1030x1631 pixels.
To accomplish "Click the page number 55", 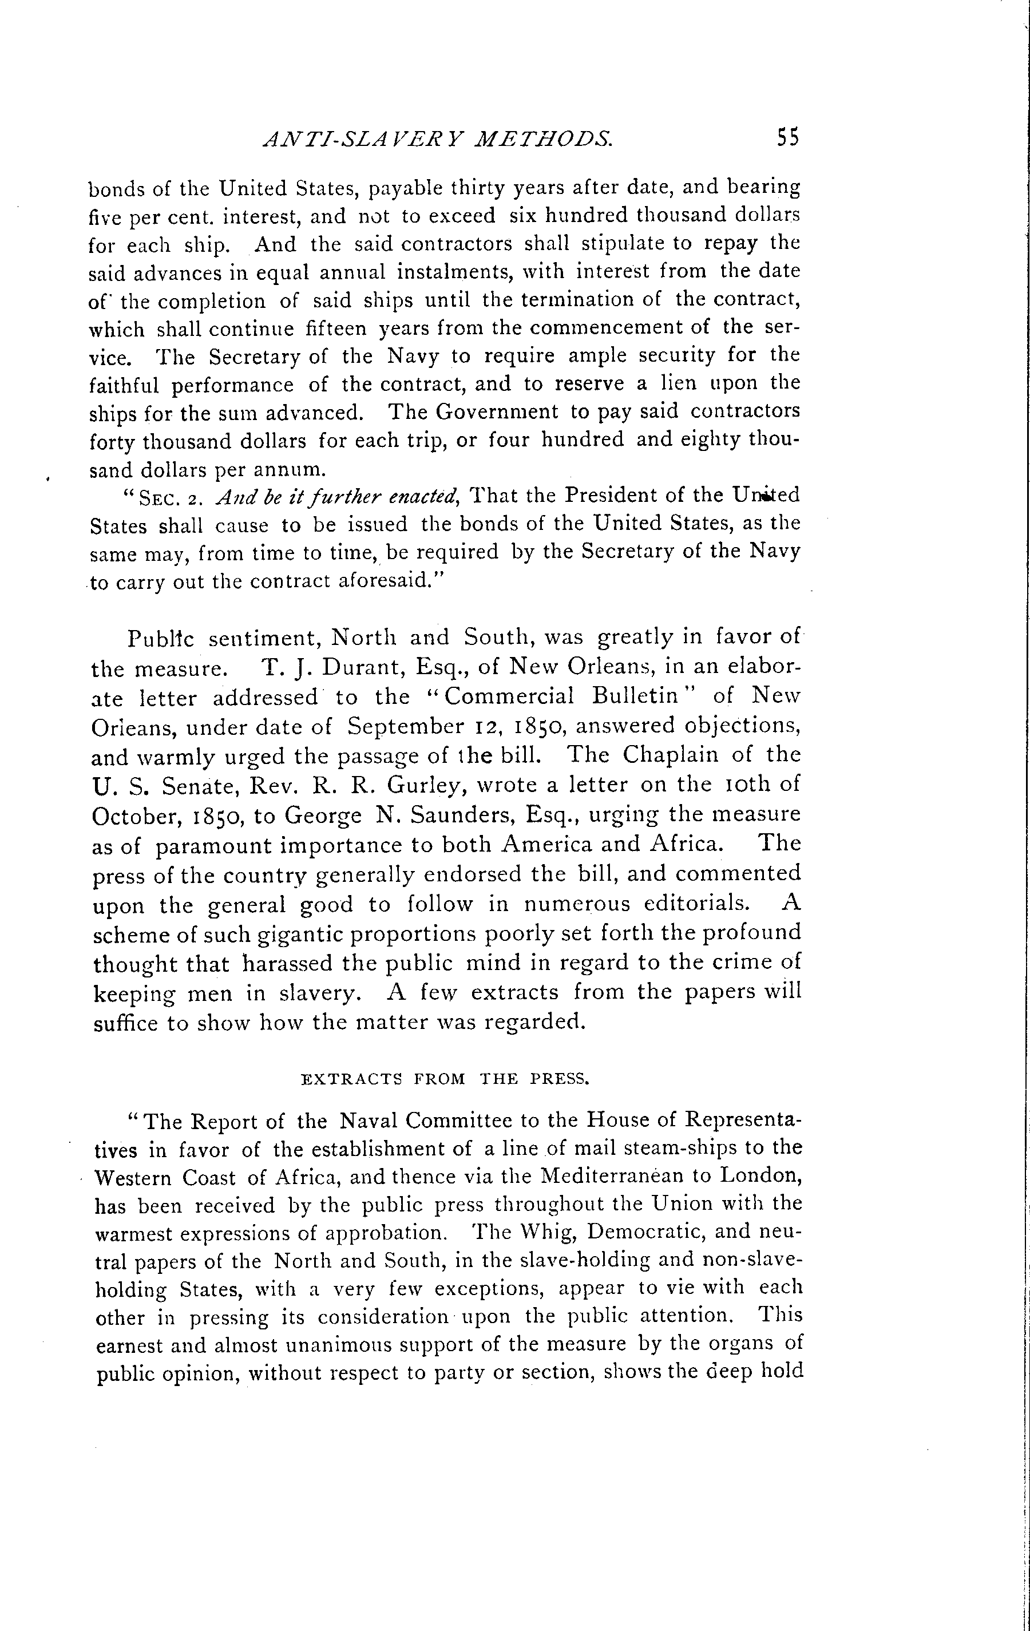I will [x=789, y=137].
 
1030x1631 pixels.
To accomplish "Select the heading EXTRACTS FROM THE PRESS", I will [x=445, y=1079].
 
